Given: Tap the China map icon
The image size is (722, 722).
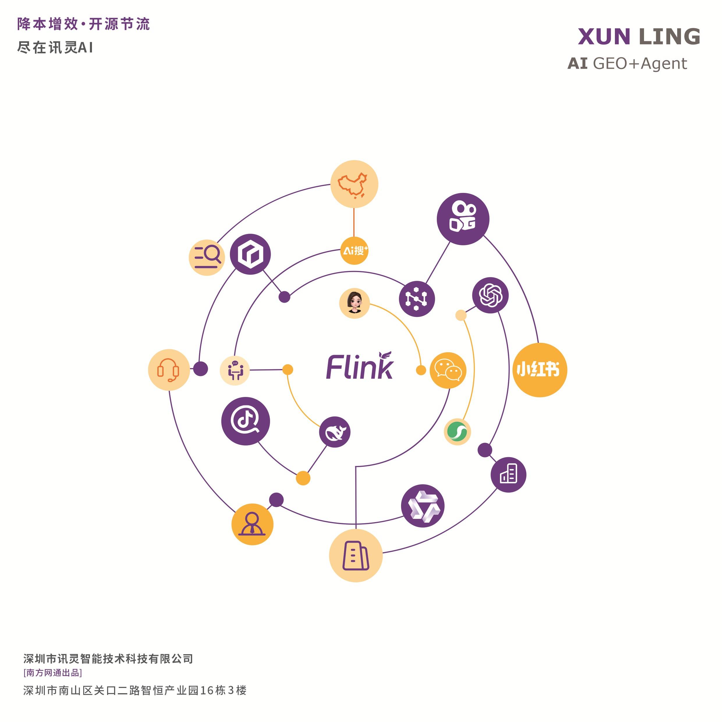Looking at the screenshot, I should [354, 184].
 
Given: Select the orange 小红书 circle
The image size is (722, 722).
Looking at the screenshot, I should [539, 370].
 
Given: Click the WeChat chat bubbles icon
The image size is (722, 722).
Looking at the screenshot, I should [448, 370].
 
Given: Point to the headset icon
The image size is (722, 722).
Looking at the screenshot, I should [168, 370].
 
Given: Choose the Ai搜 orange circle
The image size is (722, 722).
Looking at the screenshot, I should [354, 250].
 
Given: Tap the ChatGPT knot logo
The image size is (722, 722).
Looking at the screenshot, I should [490, 295].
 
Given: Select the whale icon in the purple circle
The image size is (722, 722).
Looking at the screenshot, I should [335, 432].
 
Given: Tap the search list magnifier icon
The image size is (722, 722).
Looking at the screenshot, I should [207, 257].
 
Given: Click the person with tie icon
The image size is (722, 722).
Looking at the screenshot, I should [252, 524].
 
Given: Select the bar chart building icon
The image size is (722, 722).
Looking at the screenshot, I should [508, 475].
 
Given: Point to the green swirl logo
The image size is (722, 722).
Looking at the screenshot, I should [457, 432].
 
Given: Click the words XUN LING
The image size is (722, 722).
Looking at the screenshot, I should [639, 37].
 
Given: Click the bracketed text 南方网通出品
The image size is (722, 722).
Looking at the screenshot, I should [53, 673].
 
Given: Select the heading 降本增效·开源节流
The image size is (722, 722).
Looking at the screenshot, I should [83, 24].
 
